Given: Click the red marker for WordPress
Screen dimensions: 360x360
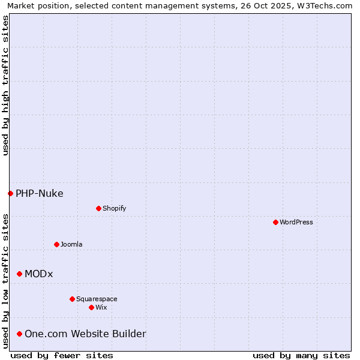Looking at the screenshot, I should (275, 222).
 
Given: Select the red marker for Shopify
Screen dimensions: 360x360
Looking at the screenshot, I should (98, 208).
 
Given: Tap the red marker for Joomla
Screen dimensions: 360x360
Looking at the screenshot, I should (56, 244).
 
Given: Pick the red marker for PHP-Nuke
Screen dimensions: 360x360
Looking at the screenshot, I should (10, 193).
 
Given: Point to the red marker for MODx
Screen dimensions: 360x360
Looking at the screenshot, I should (19, 274).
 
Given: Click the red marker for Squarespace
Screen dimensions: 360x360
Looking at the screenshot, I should (72, 299).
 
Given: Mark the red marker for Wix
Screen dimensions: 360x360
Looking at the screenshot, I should (91, 307).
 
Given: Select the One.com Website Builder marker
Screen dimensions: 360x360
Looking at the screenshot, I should (19, 334).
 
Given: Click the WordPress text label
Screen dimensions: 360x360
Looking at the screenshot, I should (296, 222).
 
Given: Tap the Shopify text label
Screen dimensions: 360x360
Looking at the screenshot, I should (114, 208).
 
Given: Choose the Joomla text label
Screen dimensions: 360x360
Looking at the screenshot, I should (71, 244).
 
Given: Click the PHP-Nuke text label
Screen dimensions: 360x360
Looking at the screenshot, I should (40, 193).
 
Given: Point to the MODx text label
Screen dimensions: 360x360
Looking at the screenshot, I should (39, 274).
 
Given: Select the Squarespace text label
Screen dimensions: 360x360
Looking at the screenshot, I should (97, 299).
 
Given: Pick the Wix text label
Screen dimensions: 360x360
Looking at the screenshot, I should (101, 307).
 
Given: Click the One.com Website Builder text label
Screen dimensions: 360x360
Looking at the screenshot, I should (85, 334).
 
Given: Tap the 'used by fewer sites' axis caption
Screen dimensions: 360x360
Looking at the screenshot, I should (62, 355).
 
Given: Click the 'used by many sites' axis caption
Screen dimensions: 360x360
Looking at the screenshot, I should (301, 355).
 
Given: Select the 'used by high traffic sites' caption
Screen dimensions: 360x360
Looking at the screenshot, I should (5, 85).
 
